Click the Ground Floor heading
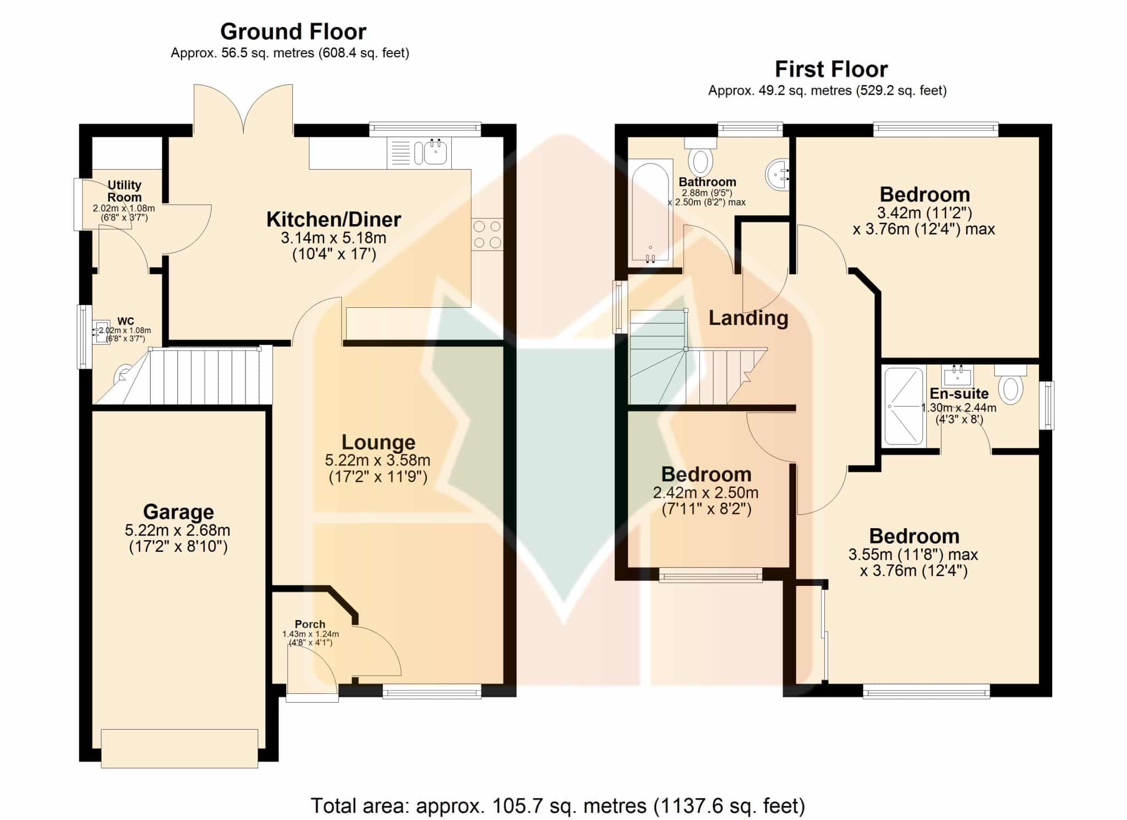click(x=293, y=32)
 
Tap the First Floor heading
click(x=831, y=69)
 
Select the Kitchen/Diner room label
click(x=333, y=219)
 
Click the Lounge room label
click(x=378, y=442)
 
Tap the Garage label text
click(x=178, y=512)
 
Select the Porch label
click(x=310, y=624)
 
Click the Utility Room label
click(x=124, y=191)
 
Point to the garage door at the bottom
click(x=179, y=748)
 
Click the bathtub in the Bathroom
click(x=652, y=212)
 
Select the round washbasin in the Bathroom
click(x=778, y=174)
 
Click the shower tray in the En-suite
click(x=904, y=406)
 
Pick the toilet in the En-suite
click(x=1011, y=384)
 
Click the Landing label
click(x=748, y=318)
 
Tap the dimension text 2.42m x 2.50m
click(x=705, y=492)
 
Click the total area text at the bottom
click(x=558, y=806)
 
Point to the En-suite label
click(x=959, y=394)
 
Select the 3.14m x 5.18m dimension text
click(x=333, y=238)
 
